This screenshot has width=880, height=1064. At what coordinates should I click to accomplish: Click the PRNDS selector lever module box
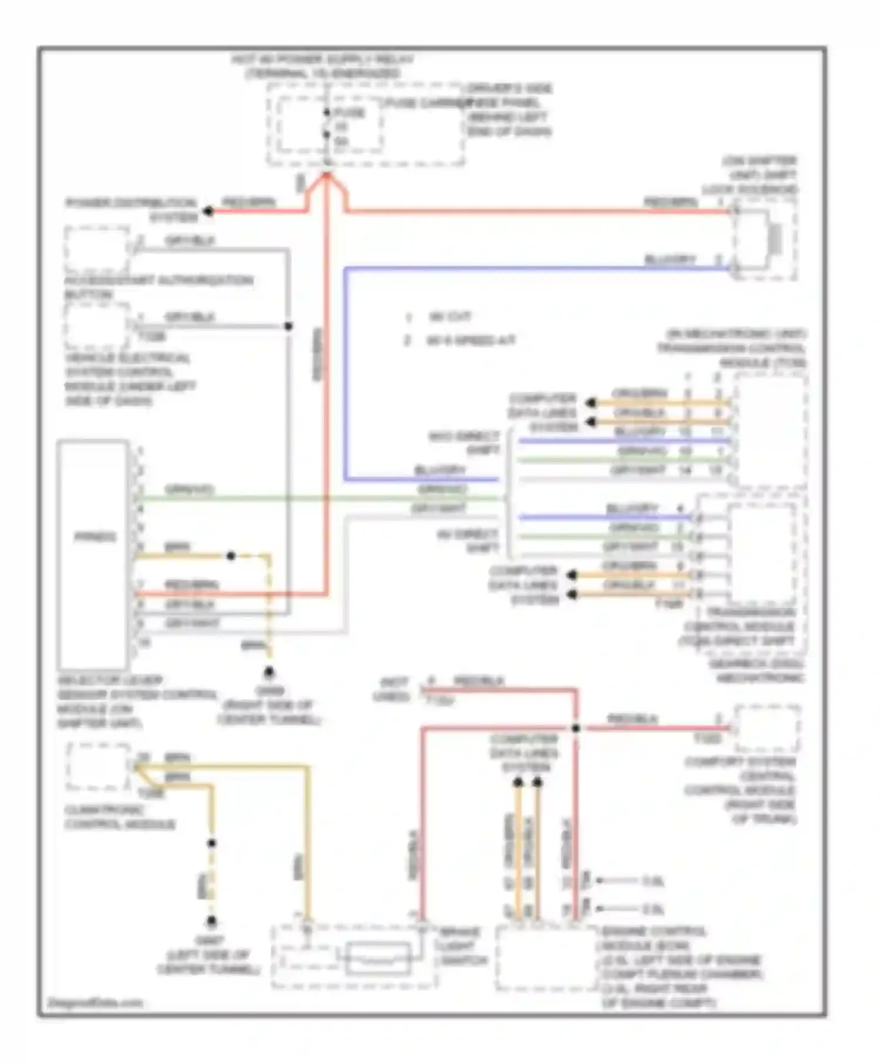click(x=93, y=554)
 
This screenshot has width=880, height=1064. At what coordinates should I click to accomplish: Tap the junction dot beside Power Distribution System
click(x=208, y=211)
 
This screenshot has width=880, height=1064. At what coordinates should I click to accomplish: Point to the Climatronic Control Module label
click(x=120, y=817)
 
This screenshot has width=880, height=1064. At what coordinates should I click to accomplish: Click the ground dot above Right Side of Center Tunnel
click(x=269, y=672)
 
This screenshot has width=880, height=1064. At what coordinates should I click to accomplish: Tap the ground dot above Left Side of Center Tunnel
click(x=212, y=921)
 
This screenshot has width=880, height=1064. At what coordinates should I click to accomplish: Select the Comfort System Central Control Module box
click(x=767, y=728)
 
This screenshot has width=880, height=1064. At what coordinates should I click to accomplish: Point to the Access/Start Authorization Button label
click(x=158, y=287)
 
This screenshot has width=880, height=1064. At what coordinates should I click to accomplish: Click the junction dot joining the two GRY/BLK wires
click(x=288, y=326)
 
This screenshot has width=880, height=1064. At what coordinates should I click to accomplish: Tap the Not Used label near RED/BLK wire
click(x=392, y=690)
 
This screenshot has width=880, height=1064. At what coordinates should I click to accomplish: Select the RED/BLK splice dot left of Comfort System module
click(x=576, y=728)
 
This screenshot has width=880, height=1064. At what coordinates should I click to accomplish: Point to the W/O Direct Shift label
click(x=465, y=443)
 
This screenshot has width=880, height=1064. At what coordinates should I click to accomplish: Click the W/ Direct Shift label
click(x=468, y=541)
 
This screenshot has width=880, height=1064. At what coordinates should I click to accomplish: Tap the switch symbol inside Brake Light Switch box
click(x=377, y=958)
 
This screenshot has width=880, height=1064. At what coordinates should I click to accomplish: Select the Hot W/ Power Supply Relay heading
click(x=323, y=66)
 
